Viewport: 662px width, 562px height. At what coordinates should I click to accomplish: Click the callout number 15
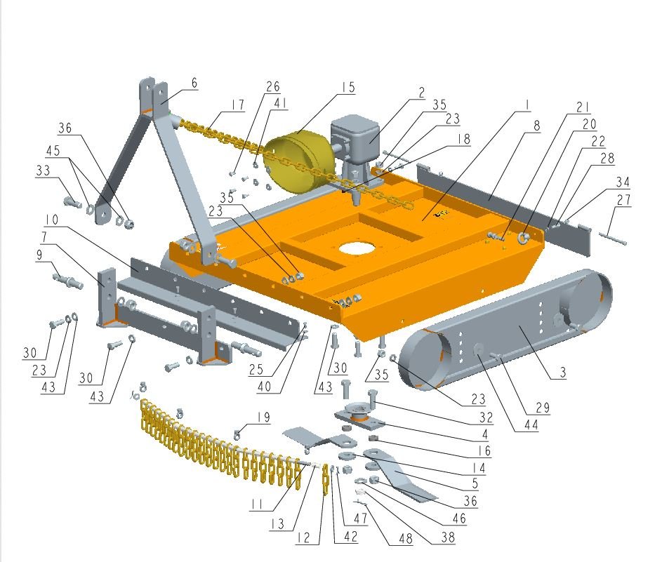(348, 87)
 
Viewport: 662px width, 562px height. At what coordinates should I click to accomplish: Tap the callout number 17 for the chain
(238, 105)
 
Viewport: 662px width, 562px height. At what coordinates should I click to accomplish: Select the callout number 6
(194, 83)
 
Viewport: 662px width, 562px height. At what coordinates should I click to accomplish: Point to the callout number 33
(43, 170)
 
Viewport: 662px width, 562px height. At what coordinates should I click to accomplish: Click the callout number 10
(52, 220)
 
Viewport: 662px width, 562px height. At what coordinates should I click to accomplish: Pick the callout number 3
(562, 372)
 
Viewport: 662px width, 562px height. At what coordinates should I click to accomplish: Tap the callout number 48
(406, 538)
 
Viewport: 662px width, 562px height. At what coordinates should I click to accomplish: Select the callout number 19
(263, 417)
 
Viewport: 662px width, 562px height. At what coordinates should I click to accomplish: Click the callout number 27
(623, 199)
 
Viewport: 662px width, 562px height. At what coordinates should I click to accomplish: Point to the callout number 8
(536, 126)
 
